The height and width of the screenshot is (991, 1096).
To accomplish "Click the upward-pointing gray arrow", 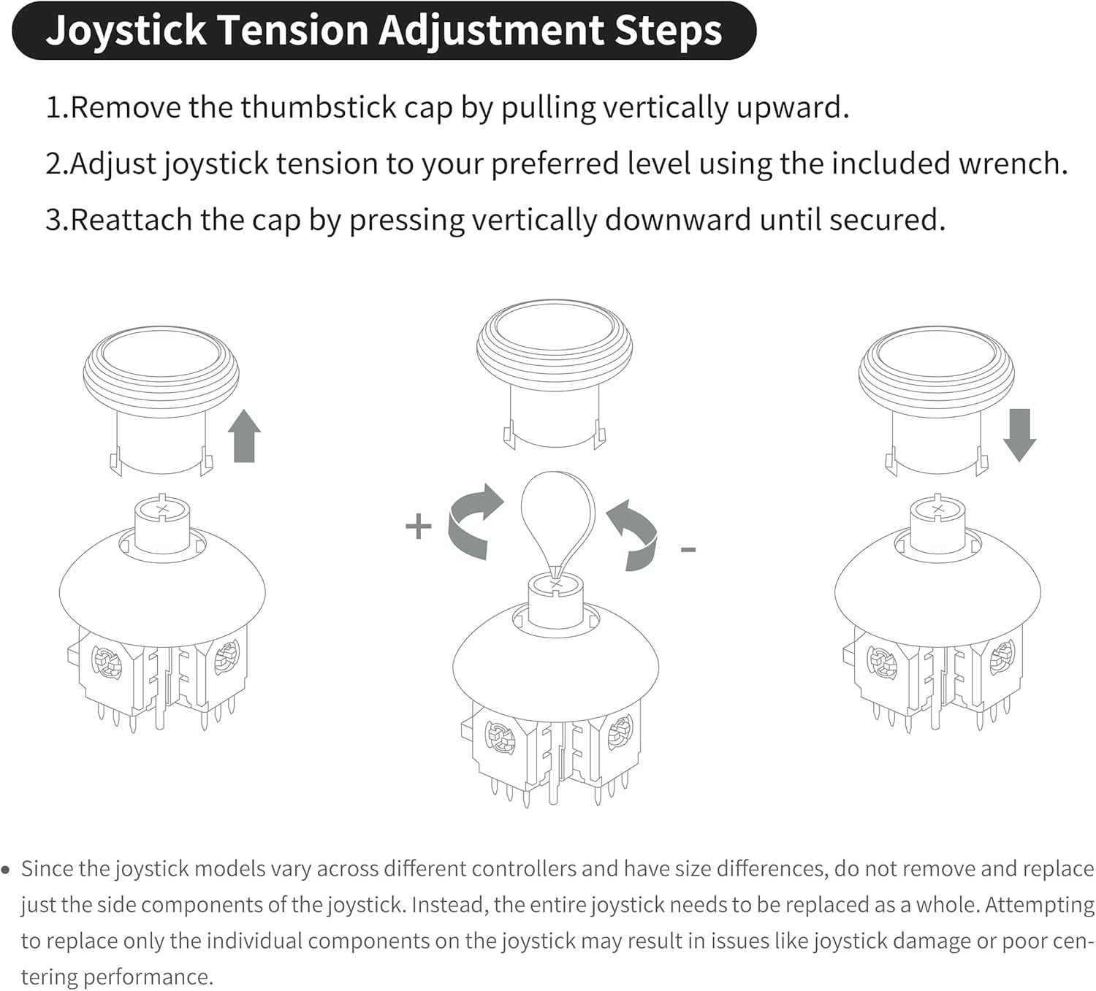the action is click(x=244, y=436).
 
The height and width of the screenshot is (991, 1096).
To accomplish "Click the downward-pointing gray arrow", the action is click(x=1019, y=435).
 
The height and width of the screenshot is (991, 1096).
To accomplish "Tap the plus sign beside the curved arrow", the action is click(x=419, y=527).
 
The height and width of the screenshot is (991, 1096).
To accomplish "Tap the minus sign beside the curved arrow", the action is click(x=688, y=550).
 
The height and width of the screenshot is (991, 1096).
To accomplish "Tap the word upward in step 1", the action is click(x=792, y=108).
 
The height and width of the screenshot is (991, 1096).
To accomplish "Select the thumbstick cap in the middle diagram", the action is click(x=555, y=374).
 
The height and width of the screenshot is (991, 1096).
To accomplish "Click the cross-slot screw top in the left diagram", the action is click(x=162, y=508).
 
